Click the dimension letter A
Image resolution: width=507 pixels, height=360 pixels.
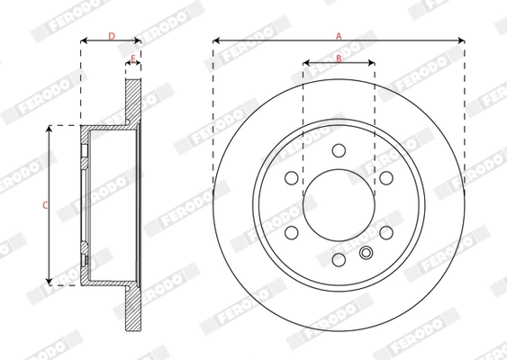339,34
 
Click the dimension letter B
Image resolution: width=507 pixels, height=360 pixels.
339,58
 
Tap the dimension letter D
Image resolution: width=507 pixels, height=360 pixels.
111,35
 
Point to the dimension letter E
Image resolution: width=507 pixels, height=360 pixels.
132,58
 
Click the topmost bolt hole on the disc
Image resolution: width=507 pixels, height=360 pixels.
339,150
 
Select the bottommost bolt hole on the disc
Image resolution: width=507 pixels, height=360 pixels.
339,260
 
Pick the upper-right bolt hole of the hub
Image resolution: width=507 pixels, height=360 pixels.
385,177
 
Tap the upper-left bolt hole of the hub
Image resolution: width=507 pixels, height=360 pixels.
291,177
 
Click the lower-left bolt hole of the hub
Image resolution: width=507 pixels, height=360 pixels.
291,232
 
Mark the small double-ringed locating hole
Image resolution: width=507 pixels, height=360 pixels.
366,253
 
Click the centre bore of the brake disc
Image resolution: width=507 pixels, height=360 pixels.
339,205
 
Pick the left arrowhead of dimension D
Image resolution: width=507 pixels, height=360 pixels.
84,40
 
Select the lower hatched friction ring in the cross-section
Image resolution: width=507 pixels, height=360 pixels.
133,310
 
